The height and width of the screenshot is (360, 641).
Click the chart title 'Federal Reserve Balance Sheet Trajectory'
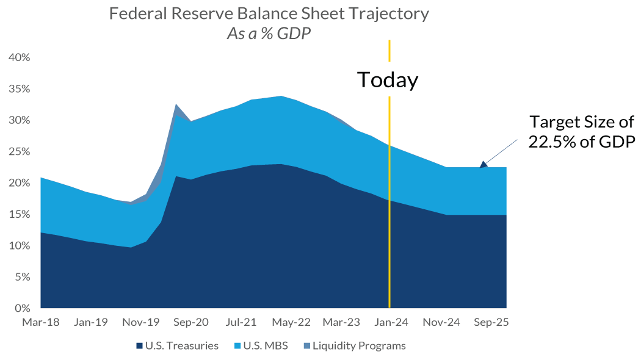pos(269,13)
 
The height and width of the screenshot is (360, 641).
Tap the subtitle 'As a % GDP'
pos(269,34)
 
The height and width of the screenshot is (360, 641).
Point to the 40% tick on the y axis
pos(19,57)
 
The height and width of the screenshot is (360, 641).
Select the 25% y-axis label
pos(19,151)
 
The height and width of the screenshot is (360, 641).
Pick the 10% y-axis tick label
pos(19,245)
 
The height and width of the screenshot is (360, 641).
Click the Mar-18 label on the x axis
pos(41,322)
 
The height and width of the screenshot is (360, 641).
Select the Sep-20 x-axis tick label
pos(191,322)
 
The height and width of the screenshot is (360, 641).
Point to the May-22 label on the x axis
pos(291,322)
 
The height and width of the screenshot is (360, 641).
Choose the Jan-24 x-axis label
pos(391,322)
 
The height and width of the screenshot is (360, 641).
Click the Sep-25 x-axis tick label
pos(491,322)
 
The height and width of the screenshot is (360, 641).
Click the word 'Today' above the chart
pos(388,80)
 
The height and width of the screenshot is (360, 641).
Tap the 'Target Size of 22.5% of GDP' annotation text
pos(582,131)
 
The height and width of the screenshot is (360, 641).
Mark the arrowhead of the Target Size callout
pos(483,164)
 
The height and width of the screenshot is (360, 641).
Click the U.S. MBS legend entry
pos(263,346)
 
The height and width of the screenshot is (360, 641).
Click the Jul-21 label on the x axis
pos(241,322)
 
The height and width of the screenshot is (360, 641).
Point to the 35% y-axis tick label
pos(19,88)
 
